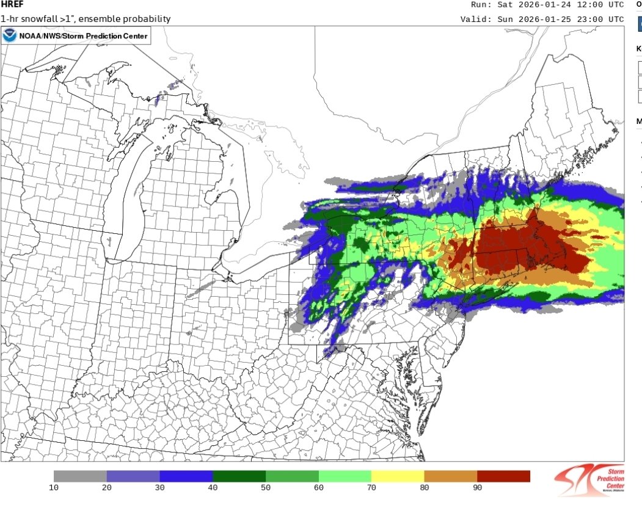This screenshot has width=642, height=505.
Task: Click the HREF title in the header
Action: (x=12, y=5)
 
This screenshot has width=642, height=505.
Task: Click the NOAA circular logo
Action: (x=10, y=35)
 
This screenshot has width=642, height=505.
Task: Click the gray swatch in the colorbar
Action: (x=80, y=476)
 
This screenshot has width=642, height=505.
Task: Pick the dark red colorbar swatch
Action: (x=503, y=476)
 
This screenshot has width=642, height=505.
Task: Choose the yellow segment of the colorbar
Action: (x=398, y=476)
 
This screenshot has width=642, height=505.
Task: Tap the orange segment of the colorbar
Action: (x=450, y=476)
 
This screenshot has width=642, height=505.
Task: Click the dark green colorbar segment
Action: (x=239, y=476)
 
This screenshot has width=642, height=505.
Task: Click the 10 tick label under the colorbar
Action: (x=54, y=488)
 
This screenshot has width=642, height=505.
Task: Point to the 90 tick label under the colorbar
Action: (x=477, y=488)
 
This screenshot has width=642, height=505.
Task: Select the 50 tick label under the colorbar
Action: (x=266, y=488)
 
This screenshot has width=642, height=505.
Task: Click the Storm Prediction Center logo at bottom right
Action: (x=590, y=480)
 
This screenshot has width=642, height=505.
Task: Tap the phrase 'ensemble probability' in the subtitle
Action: (x=128, y=19)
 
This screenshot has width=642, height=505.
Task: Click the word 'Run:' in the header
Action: (x=482, y=5)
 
